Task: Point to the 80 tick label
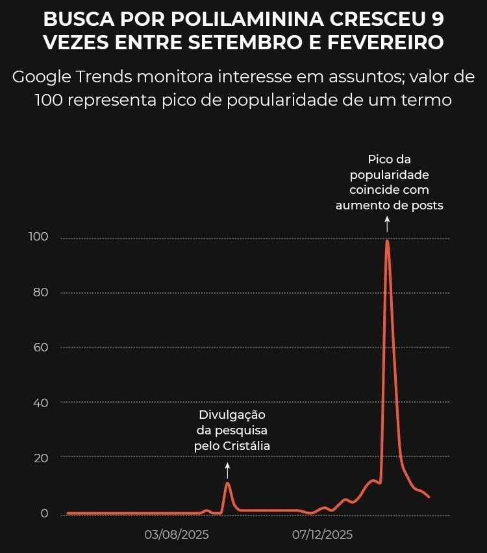tap(41, 292)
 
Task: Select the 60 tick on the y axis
tap(41, 347)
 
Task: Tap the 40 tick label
tap(41, 403)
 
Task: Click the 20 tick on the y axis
tap(41, 458)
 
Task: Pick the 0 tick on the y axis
tap(44, 513)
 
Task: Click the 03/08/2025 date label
tap(176, 535)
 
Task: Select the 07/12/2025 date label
tap(322, 535)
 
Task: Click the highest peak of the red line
tap(387, 241)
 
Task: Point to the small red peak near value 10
tap(227, 483)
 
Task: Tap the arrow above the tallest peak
tap(387, 224)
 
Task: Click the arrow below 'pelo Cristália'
tap(227, 469)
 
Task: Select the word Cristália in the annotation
tap(246, 446)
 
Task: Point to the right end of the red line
tap(429, 497)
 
